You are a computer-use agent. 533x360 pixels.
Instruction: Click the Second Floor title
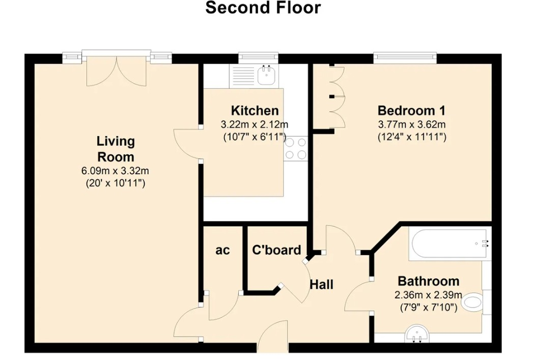(x=263, y=8)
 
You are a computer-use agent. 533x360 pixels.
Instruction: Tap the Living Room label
(x=116, y=149)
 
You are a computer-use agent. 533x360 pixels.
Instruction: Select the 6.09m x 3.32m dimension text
(x=116, y=171)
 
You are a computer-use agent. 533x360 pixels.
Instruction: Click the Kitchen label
(x=255, y=110)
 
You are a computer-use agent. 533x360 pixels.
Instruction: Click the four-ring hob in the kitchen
(x=296, y=149)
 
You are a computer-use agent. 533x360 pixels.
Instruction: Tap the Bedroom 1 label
(x=411, y=110)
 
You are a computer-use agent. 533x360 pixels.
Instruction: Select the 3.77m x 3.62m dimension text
(x=411, y=124)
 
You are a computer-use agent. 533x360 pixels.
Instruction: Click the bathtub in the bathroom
(x=449, y=243)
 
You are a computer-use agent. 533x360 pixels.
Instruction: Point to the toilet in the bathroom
(x=473, y=303)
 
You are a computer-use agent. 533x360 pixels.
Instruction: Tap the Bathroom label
(x=428, y=281)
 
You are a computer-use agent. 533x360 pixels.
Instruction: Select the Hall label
(x=322, y=284)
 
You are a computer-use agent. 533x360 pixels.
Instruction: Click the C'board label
(x=276, y=250)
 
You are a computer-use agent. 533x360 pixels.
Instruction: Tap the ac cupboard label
(x=222, y=250)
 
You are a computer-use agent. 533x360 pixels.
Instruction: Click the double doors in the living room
(x=117, y=71)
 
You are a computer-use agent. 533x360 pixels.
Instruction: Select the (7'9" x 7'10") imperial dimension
(x=428, y=307)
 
